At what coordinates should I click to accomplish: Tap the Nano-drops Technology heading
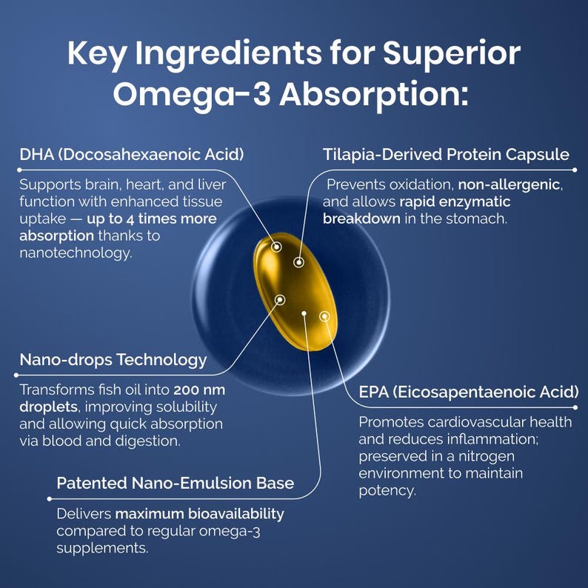[x=113, y=360]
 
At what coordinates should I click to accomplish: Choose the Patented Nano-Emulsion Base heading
[x=175, y=483]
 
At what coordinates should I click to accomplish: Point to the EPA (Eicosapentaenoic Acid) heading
[x=468, y=392]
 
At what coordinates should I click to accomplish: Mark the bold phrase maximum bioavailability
[x=199, y=513]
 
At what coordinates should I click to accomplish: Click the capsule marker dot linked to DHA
[x=276, y=247]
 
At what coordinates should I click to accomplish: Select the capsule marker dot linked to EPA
[x=324, y=316]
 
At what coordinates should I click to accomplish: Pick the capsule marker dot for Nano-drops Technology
[x=280, y=299]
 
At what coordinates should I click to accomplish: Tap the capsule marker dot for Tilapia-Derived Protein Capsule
[x=298, y=261]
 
